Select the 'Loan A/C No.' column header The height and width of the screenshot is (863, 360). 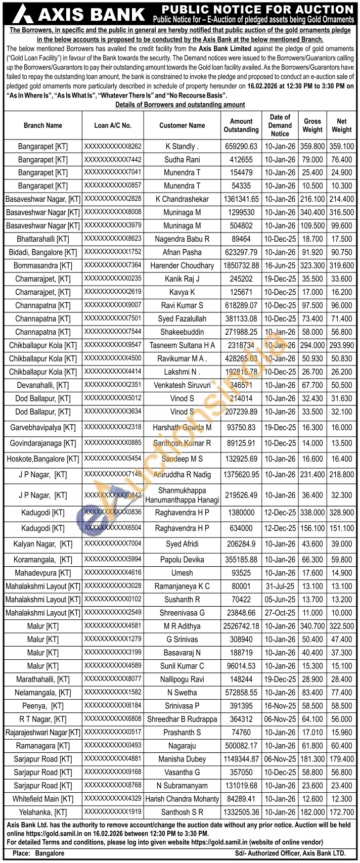click(x=113, y=125)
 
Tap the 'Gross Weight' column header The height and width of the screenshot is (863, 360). click(x=312, y=125)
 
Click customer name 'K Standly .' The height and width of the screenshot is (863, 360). click(x=182, y=147)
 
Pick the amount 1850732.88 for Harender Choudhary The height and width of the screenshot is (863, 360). click(x=241, y=265)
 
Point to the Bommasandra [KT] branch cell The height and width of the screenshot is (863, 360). click(x=43, y=265)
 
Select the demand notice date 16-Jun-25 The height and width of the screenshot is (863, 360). click(x=280, y=265)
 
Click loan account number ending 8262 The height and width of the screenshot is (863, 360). click(x=113, y=147)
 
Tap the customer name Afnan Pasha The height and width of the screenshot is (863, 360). click(x=182, y=252)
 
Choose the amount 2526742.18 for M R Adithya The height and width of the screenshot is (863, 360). click(x=241, y=626)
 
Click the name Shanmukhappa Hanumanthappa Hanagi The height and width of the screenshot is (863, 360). click(x=182, y=495)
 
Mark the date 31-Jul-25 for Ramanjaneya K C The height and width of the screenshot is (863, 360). click(x=280, y=586)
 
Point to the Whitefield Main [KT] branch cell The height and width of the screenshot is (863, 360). click(x=43, y=799)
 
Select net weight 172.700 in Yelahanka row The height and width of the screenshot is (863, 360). click(x=341, y=812)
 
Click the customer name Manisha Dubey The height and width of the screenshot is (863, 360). click(x=182, y=759)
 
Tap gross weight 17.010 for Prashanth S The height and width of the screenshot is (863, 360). click(x=312, y=732)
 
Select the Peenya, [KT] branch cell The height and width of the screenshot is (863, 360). click(x=43, y=706)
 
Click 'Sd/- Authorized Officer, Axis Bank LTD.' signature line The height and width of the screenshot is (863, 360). click(x=290, y=853)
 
